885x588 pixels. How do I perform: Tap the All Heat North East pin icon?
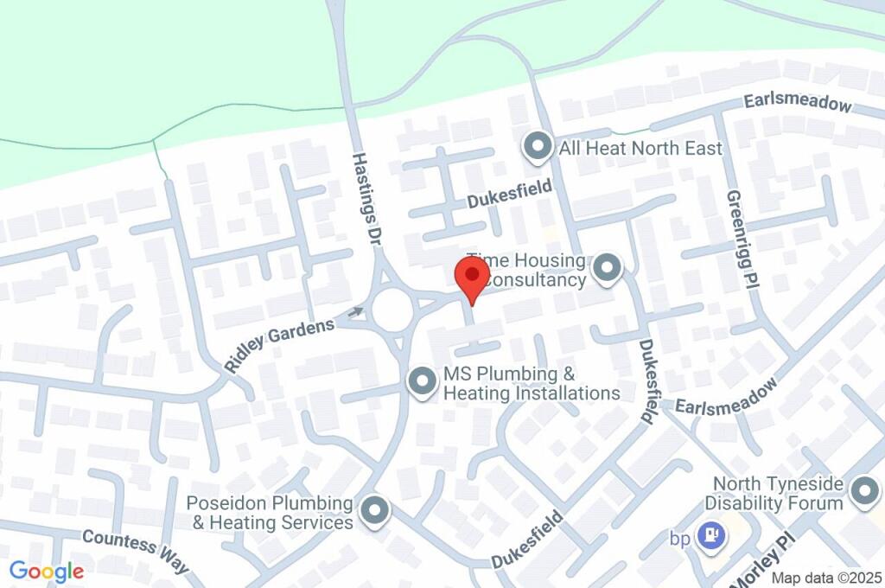(x=538, y=147)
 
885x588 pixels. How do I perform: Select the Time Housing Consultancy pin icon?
(x=607, y=268)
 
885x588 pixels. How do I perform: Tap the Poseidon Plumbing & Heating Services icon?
(x=374, y=511)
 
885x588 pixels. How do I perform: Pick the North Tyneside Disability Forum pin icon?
(x=863, y=492)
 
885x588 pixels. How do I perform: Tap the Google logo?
(x=47, y=571)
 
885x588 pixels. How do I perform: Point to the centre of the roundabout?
(x=392, y=308)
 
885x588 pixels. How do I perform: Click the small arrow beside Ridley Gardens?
(x=356, y=312)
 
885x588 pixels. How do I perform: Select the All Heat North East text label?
(x=640, y=148)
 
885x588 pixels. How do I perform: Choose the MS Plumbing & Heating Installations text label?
(x=532, y=384)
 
